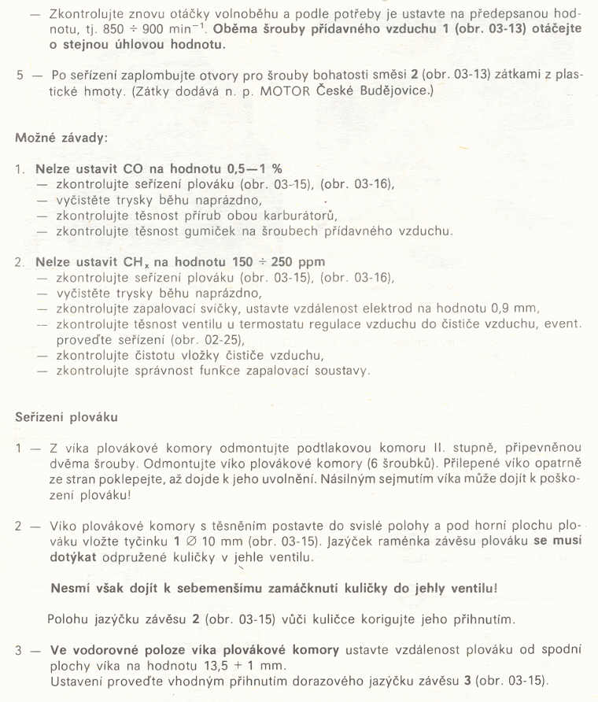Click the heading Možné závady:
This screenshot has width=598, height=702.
tap(61, 137)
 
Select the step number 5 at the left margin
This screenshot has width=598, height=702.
tap(19, 76)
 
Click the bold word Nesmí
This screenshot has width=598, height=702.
tap(70, 588)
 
